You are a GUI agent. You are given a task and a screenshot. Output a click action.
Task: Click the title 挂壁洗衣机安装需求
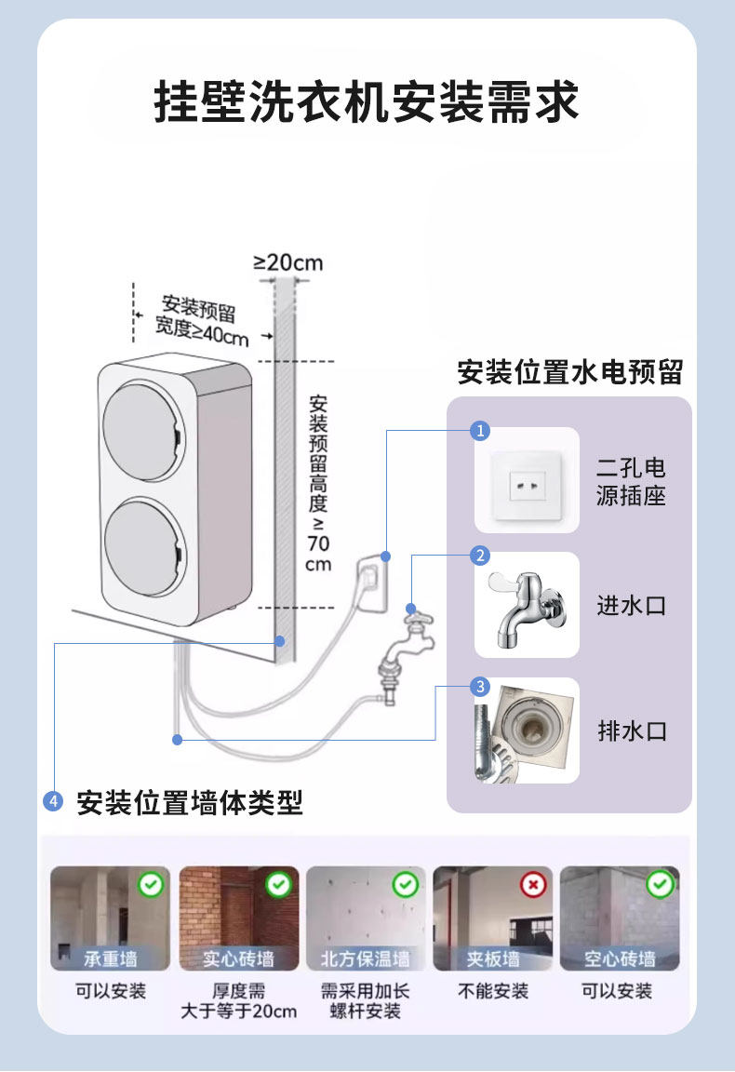367,102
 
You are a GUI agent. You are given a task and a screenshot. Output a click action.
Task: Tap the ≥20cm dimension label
288,262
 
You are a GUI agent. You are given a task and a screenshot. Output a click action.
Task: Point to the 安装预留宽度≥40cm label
205,320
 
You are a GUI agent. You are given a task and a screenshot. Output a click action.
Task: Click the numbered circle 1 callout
480,431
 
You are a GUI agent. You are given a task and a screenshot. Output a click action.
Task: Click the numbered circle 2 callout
480,556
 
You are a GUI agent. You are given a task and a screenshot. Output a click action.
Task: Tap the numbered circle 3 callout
480,687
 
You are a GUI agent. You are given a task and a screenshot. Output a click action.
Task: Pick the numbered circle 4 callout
54,801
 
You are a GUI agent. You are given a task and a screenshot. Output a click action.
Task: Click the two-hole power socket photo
527,480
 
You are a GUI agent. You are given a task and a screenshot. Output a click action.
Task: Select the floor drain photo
527,730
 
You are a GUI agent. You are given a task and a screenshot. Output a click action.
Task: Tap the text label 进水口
632,606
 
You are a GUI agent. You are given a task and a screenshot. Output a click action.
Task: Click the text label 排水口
632,731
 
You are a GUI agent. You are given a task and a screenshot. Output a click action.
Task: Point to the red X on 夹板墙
533,884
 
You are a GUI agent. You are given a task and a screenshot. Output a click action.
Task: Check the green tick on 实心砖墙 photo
279,884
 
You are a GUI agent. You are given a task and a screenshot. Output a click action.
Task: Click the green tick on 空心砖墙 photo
660,884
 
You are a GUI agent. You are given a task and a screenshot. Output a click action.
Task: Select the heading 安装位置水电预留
569,373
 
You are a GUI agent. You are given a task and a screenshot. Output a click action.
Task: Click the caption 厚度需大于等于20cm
239,1001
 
